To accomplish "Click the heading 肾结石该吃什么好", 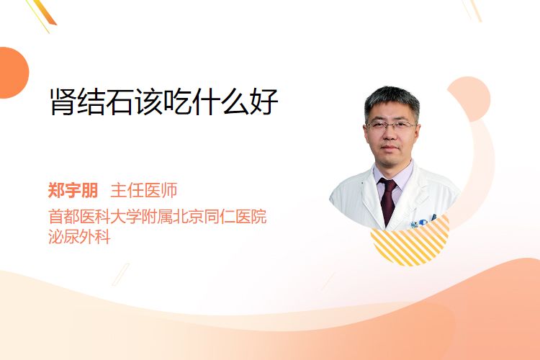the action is coord(164,102).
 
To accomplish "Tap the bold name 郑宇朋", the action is coord(73,190).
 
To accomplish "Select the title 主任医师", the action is coord(143,190).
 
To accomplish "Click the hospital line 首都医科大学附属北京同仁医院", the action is coord(158,217).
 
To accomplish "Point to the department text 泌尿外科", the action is coord(79,236).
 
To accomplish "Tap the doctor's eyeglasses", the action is coord(391,125).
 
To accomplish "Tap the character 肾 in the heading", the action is coord(63,102).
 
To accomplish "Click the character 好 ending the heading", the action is coord(264,102).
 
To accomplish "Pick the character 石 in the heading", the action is coord(120,102).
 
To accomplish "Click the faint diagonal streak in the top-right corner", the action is coord(472,9).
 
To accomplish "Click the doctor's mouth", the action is coord(390,148).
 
